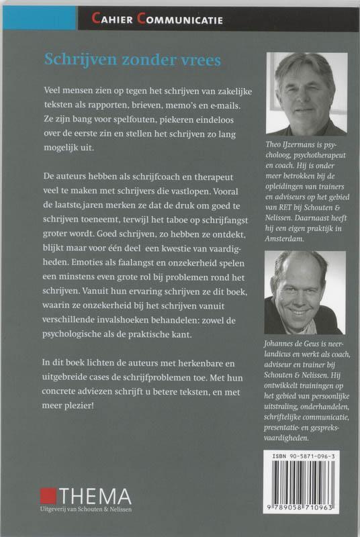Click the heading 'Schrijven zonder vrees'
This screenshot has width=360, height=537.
pyautogui.click(x=132, y=60)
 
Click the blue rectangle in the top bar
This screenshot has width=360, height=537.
pyautogui.click(x=39, y=19)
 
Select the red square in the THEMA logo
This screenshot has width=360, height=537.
pyautogui.click(x=48, y=496)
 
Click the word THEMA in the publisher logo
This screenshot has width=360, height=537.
pyautogui.click(x=94, y=496)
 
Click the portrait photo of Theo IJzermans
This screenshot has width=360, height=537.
pyautogui.click(x=306, y=93)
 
